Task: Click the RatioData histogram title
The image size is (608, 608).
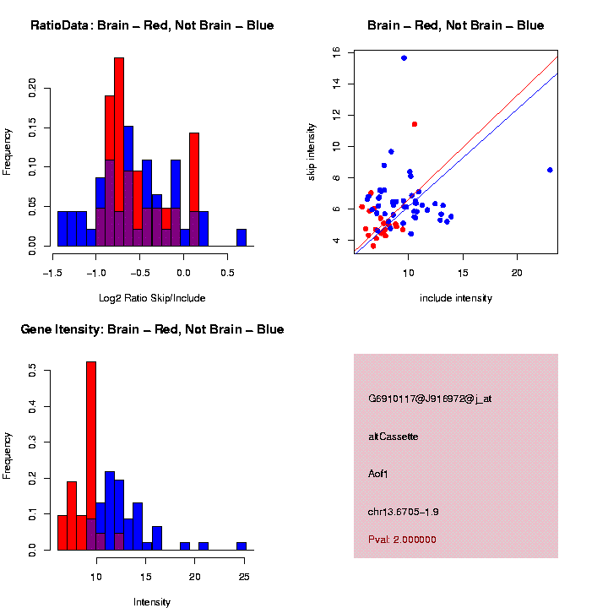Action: [x=152, y=25]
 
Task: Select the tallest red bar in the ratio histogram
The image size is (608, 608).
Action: [x=119, y=152]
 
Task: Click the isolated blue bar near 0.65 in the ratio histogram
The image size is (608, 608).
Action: [x=242, y=237]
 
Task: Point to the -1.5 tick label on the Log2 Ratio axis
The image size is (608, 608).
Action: [x=53, y=273]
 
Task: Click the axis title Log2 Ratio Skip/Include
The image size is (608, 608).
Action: [x=152, y=298]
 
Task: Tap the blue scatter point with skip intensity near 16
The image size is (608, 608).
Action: [x=404, y=58]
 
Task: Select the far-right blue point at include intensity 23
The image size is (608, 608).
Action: [x=550, y=170]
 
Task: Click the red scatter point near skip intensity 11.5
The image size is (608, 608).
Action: [x=415, y=124]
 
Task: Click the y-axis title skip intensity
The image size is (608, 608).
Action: [x=312, y=150]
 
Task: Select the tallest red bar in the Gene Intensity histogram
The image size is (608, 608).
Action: [x=91, y=456]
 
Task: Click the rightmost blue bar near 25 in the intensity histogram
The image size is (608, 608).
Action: [x=242, y=546]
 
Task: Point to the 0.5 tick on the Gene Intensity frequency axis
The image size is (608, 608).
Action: [x=32, y=368]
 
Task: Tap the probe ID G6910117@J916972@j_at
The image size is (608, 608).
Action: [x=430, y=398]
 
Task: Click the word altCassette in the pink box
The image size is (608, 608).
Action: [x=394, y=437]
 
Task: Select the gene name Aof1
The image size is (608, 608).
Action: [x=378, y=474]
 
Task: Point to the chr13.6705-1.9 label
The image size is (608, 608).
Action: [x=403, y=512]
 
